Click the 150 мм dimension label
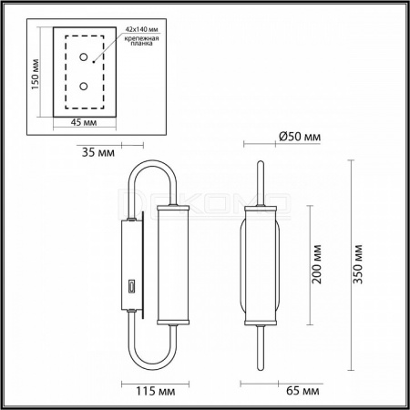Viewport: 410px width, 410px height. [36, 74]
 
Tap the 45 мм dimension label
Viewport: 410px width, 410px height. [84, 122]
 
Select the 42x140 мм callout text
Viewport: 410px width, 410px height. [142, 29]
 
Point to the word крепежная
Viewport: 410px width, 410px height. [141, 38]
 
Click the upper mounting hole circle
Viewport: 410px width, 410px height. [84, 56]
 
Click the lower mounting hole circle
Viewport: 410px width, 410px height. [84, 87]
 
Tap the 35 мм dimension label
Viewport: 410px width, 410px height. [98, 152]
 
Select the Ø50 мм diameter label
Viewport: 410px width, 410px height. [300, 137]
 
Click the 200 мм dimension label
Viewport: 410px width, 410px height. [317, 264]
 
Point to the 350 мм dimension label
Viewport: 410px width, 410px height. [358, 264]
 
